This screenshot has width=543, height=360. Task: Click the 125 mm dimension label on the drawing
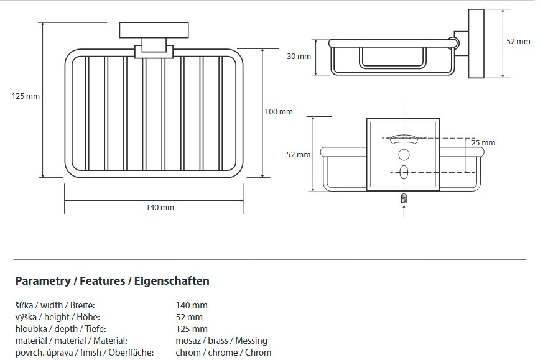(26, 96)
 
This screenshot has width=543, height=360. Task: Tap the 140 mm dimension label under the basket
(160, 207)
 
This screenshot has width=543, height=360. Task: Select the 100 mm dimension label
(278, 112)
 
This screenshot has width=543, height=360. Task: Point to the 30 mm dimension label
(299, 57)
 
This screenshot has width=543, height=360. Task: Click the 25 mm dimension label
(483, 143)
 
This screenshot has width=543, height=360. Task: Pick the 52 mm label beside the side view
(518, 42)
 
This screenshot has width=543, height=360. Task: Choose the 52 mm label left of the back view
(299, 155)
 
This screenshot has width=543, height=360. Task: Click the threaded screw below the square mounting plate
(404, 198)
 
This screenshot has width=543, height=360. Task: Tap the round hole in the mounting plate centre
(404, 154)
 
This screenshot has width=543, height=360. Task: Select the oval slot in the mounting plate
(404, 172)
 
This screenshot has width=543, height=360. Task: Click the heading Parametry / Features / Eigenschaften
(112, 281)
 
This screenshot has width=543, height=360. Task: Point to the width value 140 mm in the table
(192, 305)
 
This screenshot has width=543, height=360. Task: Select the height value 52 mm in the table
(189, 317)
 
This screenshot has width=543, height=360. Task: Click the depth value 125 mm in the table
(192, 329)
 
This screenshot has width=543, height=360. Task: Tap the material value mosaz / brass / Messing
(221, 341)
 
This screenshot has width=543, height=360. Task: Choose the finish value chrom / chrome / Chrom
(223, 353)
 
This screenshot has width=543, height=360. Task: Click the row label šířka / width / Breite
(55, 305)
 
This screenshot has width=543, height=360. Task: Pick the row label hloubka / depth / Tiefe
(60, 329)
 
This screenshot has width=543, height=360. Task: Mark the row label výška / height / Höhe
(57, 317)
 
